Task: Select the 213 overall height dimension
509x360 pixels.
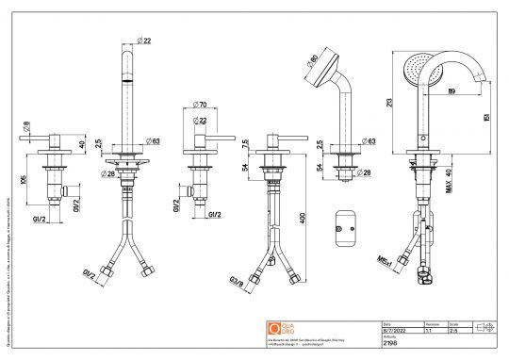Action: pyautogui.click(x=387, y=103)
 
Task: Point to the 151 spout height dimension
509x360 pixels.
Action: pyautogui.click(x=484, y=117)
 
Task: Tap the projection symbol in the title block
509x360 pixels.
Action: pyautogui.click(x=486, y=326)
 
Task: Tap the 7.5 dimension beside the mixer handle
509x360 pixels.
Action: pyautogui.click(x=246, y=144)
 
